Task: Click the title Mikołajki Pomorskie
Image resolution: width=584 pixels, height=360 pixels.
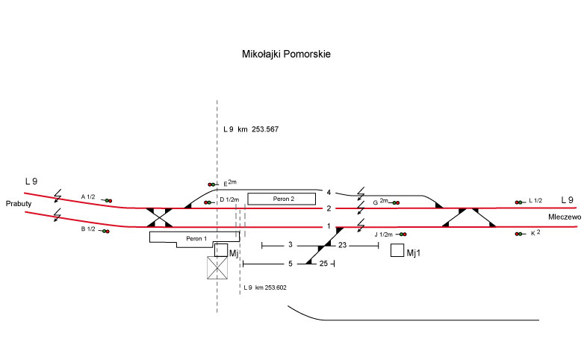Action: click(x=287, y=55)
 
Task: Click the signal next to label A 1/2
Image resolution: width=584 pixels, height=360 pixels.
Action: click(x=107, y=201)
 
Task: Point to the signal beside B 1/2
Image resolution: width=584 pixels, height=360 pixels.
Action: click(x=107, y=232)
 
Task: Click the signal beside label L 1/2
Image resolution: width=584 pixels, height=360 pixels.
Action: click(x=518, y=202)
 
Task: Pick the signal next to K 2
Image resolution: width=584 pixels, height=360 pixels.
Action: click(x=518, y=235)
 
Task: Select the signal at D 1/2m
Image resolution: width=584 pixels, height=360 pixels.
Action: click(x=208, y=202)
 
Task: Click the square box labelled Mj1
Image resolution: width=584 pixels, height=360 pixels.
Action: click(x=397, y=251)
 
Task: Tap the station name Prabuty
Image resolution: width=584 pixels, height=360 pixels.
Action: click(x=17, y=204)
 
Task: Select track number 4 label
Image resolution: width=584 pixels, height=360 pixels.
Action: click(x=328, y=193)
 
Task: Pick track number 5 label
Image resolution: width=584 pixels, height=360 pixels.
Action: click(x=291, y=264)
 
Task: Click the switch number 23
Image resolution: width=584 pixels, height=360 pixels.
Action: click(x=342, y=246)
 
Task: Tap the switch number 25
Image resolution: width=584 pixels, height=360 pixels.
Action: click(x=323, y=264)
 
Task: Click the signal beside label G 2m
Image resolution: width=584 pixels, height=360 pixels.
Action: click(x=395, y=202)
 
